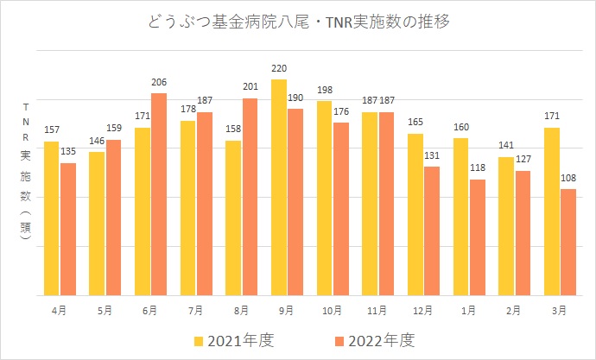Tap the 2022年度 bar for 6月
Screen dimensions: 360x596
click(158, 194)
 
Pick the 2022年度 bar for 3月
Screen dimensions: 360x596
click(568, 243)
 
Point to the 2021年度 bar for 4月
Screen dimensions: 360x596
click(52, 218)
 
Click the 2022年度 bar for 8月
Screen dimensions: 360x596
click(250, 197)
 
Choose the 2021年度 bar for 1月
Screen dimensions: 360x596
click(461, 217)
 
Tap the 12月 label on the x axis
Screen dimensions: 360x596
click(423, 309)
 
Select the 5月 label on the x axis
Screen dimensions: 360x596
click(105, 309)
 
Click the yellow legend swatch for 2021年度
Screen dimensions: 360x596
click(200, 339)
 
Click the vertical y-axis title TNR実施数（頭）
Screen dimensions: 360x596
click(27, 177)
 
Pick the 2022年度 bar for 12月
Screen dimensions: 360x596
click(432, 231)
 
